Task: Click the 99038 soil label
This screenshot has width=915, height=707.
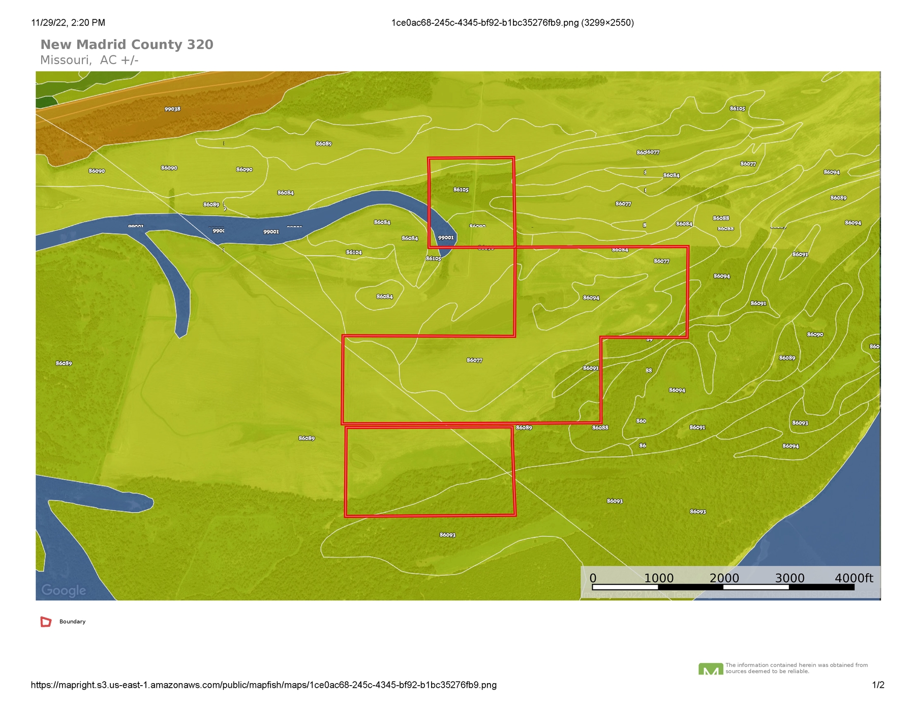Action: pos(172,109)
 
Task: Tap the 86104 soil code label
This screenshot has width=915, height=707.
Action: pos(354,252)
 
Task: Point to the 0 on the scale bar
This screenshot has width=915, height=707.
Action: pos(593,578)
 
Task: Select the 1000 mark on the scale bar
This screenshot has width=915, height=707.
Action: pos(659,578)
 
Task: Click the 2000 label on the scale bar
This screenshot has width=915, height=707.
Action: pos(724,578)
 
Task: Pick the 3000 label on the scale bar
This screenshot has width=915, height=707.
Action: pos(789,578)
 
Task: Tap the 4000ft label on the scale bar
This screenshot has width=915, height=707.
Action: pos(853,578)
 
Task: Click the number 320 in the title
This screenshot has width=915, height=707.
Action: pos(200,45)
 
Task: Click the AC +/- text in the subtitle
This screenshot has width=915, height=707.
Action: pos(119,60)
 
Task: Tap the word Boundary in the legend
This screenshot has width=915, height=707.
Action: pos(72,622)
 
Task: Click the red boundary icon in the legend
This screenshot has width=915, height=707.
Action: pos(46,622)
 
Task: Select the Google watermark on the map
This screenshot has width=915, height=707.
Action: pos(64,590)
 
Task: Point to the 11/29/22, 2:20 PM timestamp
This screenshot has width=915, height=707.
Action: pos(68,22)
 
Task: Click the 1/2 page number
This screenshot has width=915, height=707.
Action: pos(878,685)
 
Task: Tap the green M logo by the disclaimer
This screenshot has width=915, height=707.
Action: pos(711,669)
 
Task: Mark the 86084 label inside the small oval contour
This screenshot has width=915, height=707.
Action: pos(384,296)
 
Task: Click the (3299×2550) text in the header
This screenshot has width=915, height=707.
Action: pos(607,22)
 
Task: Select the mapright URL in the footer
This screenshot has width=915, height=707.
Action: pos(263,685)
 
